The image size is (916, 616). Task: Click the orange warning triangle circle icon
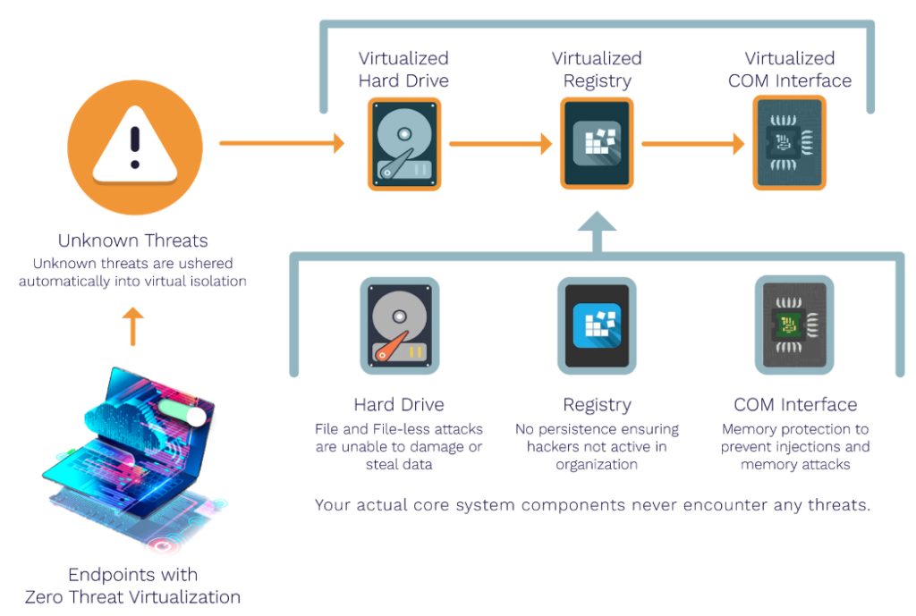pyautogui.click(x=134, y=148)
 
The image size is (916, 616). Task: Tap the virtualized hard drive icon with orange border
pyautogui.click(x=404, y=143)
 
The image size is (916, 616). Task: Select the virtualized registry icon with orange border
pyautogui.click(x=597, y=143)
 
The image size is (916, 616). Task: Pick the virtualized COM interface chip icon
pyautogui.click(x=790, y=143)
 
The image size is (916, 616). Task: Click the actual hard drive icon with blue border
pyautogui.click(x=400, y=324)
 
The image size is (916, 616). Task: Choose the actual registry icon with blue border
pyautogui.click(x=597, y=324)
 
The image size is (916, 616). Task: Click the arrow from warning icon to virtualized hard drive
pyautogui.click(x=282, y=143)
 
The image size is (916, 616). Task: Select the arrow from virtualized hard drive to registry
pyautogui.click(x=500, y=143)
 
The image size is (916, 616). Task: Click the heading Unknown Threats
pyautogui.click(x=132, y=240)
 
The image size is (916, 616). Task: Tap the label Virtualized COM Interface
pyautogui.click(x=790, y=70)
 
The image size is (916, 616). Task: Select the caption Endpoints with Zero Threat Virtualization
pyautogui.click(x=132, y=585)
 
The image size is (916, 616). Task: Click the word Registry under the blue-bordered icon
pyautogui.click(x=597, y=405)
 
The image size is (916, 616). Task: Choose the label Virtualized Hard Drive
pyautogui.click(x=403, y=70)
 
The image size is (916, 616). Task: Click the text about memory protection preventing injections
pyautogui.click(x=795, y=447)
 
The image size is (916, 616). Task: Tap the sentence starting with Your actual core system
pyautogui.click(x=592, y=505)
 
